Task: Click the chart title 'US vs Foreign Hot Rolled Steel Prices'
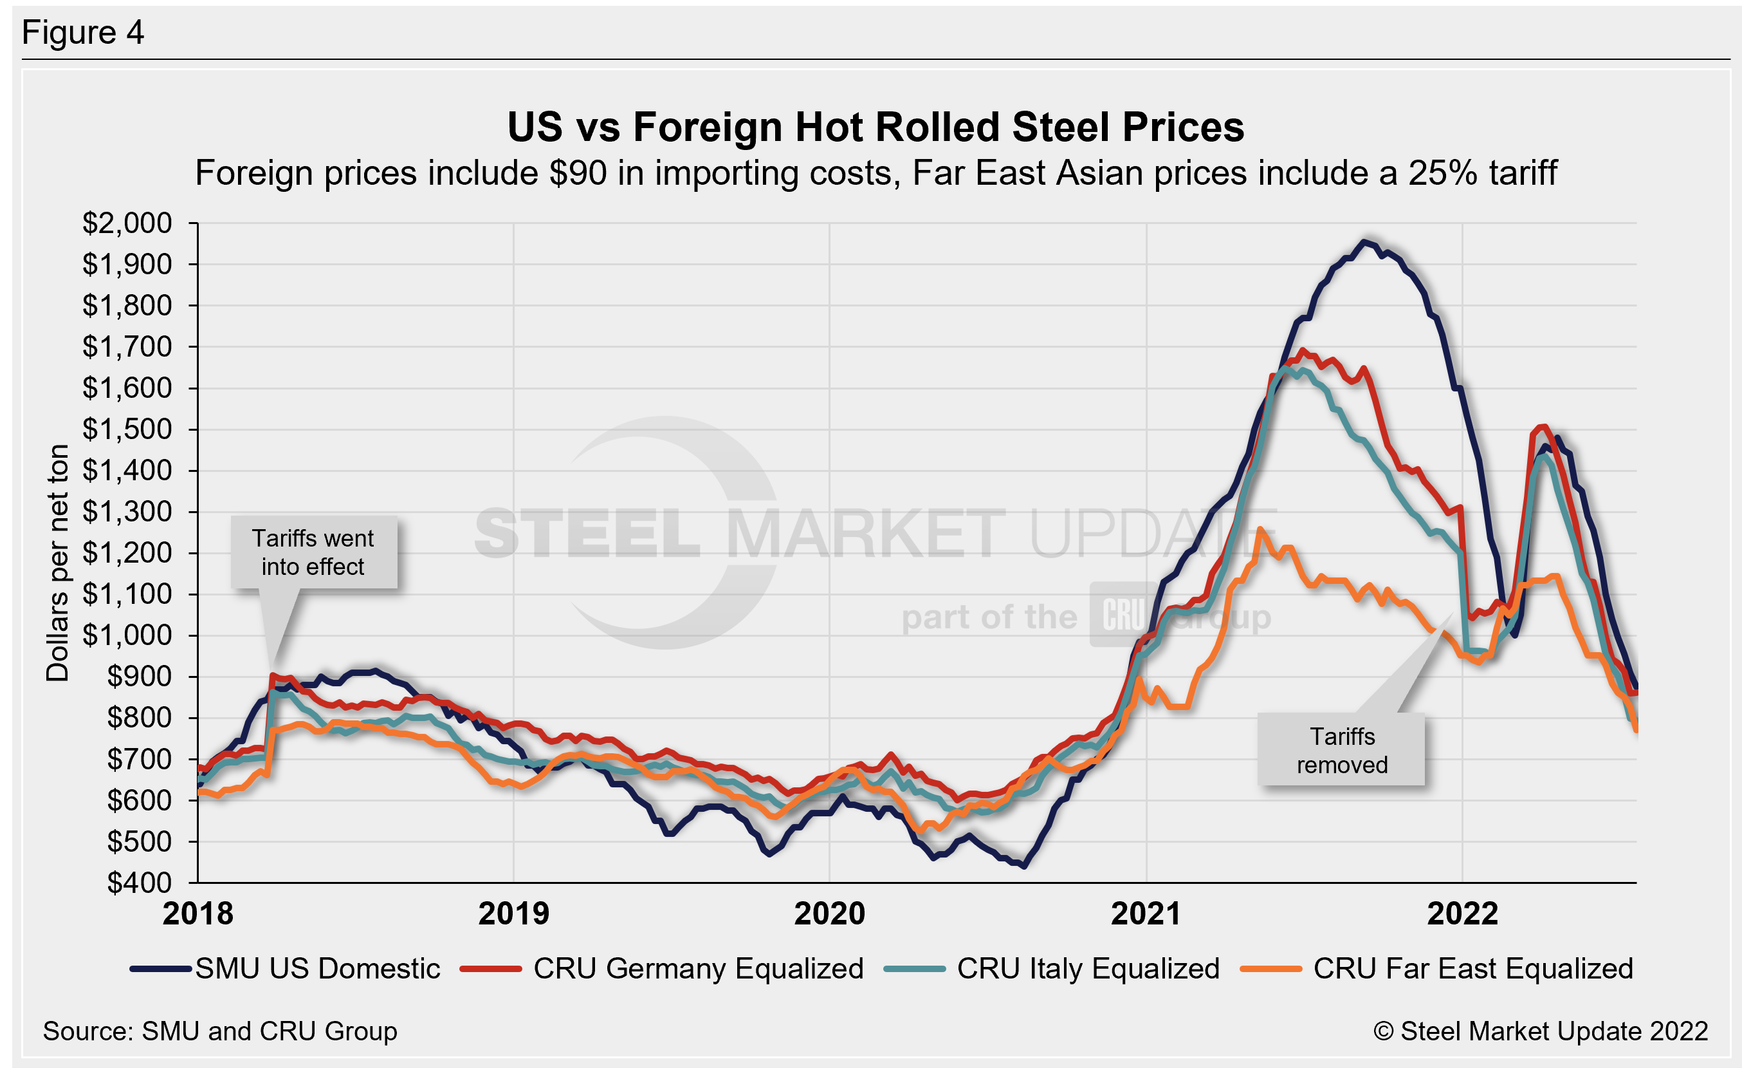[x=876, y=127]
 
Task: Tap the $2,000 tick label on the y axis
[x=127, y=223]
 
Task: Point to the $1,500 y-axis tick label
[x=127, y=429]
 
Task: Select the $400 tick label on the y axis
[x=138, y=883]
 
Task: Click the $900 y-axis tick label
[x=138, y=677]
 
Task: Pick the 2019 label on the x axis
[x=513, y=913]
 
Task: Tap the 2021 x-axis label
[x=1145, y=913]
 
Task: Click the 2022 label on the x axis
[x=1462, y=913]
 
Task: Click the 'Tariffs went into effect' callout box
[x=313, y=552]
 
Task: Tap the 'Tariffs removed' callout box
[x=1341, y=751]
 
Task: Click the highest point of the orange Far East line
[x=1259, y=529]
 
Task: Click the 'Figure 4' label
[x=83, y=33]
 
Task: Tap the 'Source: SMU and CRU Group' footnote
[x=220, y=1031]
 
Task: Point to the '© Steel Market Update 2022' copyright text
[x=1541, y=1031]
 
